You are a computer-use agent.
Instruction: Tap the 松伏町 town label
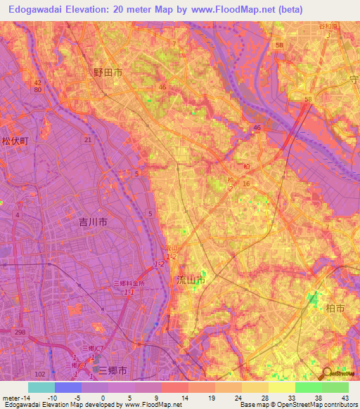[x=15, y=141]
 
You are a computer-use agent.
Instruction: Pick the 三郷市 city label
[x=112, y=370]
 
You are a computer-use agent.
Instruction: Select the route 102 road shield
[x=41, y=374]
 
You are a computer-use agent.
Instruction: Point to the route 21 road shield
[x=88, y=141]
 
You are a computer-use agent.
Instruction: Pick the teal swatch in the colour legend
[x=41, y=387]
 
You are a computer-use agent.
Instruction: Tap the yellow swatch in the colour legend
[x=282, y=387]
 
